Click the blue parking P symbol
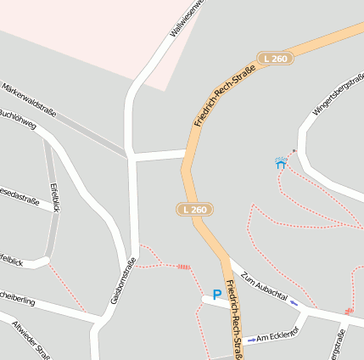click(217, 295)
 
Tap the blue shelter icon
click(281, 162)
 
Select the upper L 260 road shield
click(276, 59)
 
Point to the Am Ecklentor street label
click(278, 336)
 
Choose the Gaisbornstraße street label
click(123, 281)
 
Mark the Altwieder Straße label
click(31, 340)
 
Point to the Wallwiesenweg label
click(188, 17)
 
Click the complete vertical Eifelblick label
click(55, 196)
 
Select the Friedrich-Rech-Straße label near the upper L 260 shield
click(225, 96)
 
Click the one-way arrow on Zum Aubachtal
click(294, 302)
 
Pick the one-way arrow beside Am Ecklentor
click(251, 340)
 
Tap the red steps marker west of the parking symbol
click(183, 267)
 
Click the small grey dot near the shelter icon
click(294, 151)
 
